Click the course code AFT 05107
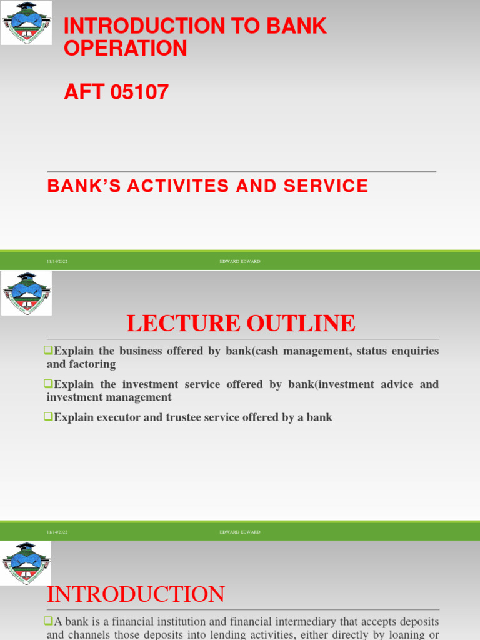click(x=116, y=92)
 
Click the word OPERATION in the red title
click(x=126, y=48)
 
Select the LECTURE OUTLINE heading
click(x=241, y=323)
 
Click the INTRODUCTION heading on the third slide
click(x=136, y=594)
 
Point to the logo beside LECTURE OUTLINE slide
click(x=26, y=292)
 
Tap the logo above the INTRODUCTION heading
click(x=26, y=562)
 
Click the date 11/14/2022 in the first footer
click(x=57, y=261)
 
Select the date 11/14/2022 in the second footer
click(x=57, y=532)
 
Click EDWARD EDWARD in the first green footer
click(x=240, y=261)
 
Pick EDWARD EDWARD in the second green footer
click(x=240, y=532)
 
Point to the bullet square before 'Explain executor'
click(x=50, y=417)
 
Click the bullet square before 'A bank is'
click(x=50, y=622)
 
